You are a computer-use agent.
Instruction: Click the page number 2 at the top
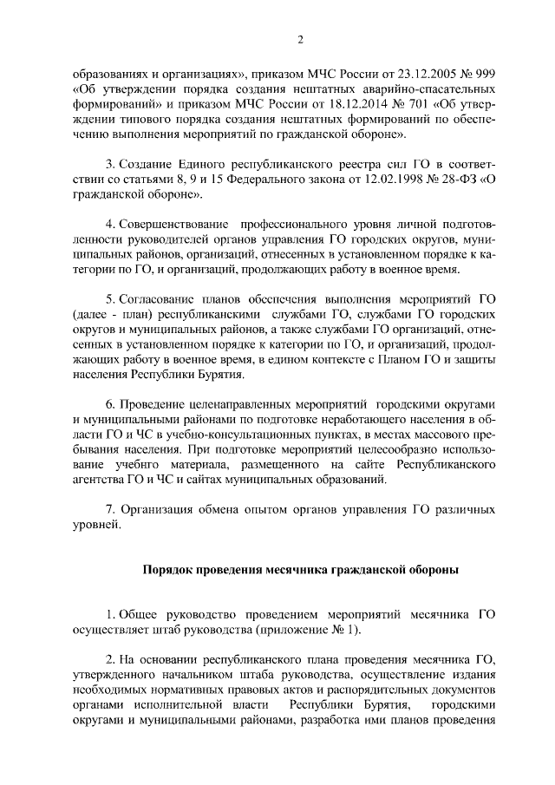(301, 38)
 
